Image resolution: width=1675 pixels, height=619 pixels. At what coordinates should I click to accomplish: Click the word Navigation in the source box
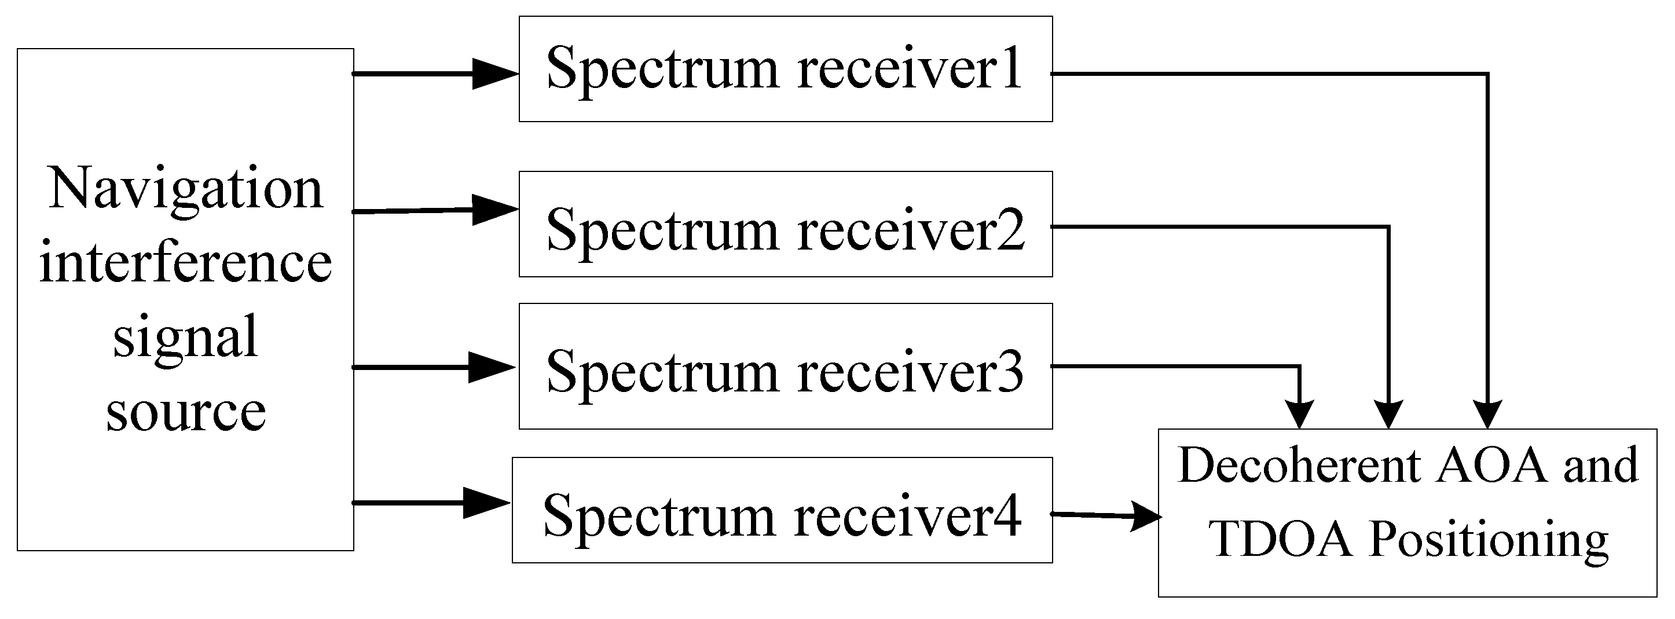pyautogui.click(x=186, y=189)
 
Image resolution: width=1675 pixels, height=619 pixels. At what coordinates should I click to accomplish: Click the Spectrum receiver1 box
pyautogui.click(x=785, y=68)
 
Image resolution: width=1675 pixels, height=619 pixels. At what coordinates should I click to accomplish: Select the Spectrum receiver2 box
pyautogui.click(x=785, y=224)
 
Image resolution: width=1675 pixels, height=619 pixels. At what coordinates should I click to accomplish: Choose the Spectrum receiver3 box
pyautogui.click(x=785, y=366)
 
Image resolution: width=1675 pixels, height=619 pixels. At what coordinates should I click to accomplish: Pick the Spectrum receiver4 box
pyautogui.click(x=782, y=510)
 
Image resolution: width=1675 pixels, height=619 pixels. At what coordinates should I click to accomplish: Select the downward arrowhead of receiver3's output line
pyautogui.click(x=1300, y=414)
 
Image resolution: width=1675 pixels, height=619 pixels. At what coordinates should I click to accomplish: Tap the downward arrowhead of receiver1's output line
pyautogui.click(x=1488, y=414)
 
